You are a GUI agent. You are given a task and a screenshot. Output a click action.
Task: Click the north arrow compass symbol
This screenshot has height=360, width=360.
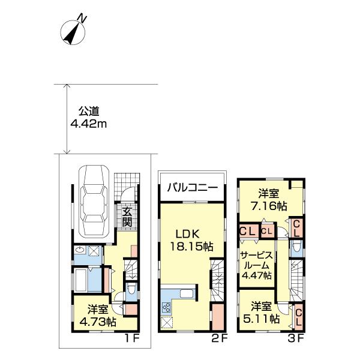tap(73, 32)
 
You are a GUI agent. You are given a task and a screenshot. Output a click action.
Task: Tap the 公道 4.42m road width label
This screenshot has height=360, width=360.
tap(89, 118)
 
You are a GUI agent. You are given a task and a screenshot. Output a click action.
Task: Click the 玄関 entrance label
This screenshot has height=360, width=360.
tap(127, 217)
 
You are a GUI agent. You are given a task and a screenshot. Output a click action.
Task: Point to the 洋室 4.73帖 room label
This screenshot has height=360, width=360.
tap(98, 316)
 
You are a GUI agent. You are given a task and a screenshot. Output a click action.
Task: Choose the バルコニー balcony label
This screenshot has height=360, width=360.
tap(193, 188)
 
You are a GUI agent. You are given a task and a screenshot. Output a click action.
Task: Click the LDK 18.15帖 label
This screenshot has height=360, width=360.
tap(191, 240)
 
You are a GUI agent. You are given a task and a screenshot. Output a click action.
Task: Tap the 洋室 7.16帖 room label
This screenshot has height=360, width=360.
tap(269, 200)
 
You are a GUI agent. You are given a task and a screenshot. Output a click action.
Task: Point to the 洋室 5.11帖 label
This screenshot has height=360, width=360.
tap(261, 312)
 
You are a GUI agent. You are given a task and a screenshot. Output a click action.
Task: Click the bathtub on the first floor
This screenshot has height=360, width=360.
tap(80, 279)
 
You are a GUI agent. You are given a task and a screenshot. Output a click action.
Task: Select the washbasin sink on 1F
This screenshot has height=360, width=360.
tap(80, 250)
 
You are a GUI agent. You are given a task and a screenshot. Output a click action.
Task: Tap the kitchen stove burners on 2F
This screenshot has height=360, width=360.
tap(167, 308)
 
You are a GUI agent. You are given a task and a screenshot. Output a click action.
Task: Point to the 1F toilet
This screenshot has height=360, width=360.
tap(131, 289)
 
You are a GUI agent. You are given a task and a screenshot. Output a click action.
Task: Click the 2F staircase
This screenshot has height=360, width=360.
tap(217, 280)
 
